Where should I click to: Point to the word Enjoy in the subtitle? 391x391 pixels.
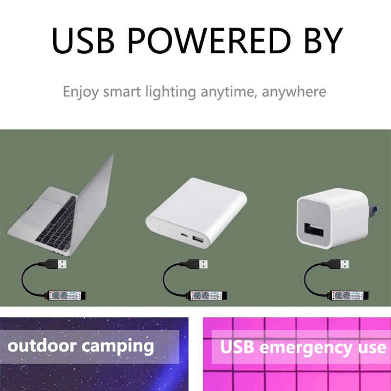(x=80, y=92)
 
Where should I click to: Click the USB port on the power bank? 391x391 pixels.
(x=197, y=240)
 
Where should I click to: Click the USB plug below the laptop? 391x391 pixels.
(x=60, y=264)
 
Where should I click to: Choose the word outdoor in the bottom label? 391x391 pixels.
(x=42, y=346)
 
